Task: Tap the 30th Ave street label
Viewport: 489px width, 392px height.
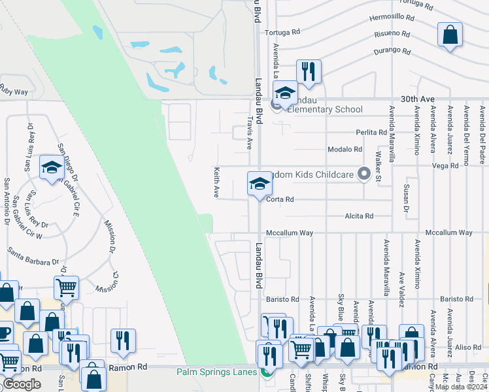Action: point(418,99)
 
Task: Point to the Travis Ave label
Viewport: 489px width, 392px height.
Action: point(249,133)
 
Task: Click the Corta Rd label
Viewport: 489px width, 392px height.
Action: point(280,199)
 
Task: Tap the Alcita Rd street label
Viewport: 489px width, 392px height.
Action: point(360,216)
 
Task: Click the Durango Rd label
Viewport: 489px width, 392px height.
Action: point(392,50)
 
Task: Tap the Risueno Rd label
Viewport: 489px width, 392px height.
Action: point(392,34)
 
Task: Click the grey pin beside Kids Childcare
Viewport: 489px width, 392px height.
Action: point(364,174)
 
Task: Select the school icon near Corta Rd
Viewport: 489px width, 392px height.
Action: point(260,184)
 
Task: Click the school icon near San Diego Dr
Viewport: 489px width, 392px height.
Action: point(52,169)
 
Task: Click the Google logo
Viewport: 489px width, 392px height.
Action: point(22,384)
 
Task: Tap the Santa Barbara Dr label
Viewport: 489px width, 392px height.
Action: point(34,256)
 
